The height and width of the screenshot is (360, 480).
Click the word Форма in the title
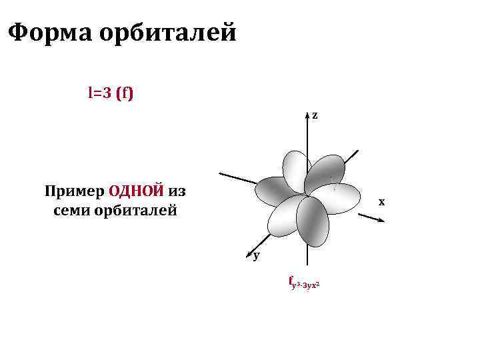pos(49,32)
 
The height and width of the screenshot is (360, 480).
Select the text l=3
pos(99,93)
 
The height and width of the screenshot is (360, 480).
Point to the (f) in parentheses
pos(125,93)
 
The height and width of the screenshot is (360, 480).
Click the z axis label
pos(315,116)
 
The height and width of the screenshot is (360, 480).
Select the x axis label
pos(381,201)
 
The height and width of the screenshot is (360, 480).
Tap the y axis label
pos(257,255)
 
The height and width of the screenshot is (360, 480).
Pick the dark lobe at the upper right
pos(326,171)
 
